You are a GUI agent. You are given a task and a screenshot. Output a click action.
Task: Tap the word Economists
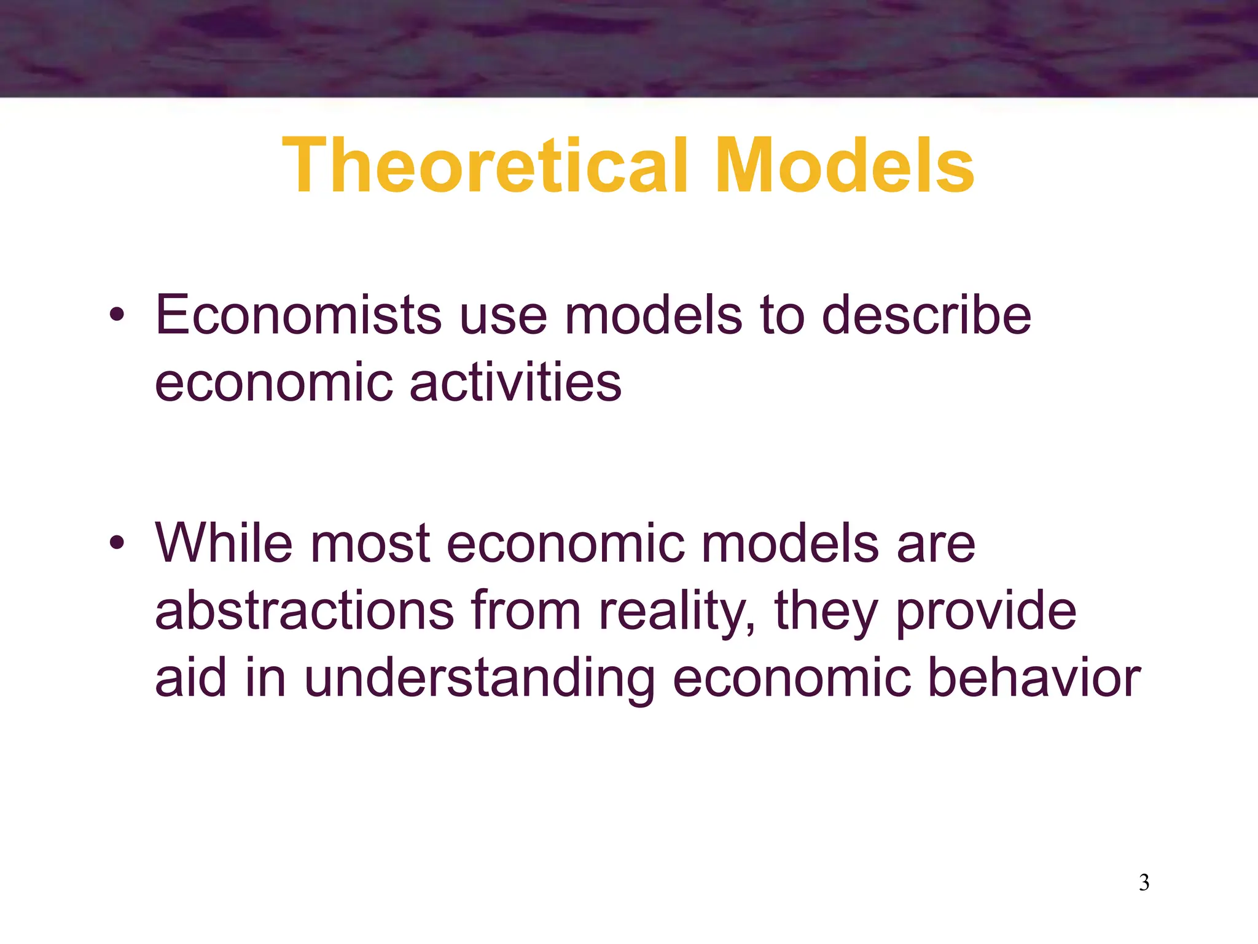298,315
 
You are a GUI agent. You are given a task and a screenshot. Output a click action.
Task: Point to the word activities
515,383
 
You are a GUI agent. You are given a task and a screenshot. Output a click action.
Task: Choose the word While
224,543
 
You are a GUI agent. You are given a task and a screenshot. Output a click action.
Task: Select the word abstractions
304,612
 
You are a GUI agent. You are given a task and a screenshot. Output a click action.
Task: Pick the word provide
986,612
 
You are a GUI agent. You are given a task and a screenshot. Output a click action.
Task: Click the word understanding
479,678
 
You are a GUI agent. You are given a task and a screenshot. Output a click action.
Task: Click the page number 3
1144,883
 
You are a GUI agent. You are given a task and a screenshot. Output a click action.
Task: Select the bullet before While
117,544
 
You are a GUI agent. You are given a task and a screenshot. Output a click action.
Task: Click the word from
526,612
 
